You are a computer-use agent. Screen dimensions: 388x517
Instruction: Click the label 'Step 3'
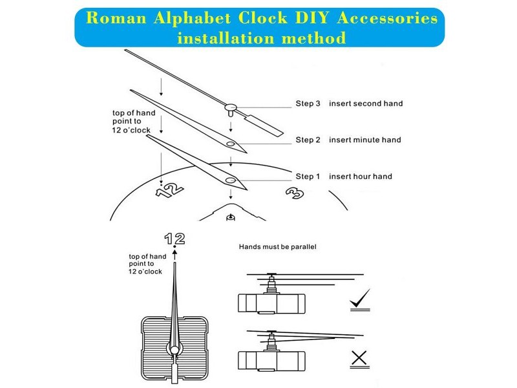(308, 103)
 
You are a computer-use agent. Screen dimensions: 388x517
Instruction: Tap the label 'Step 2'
(308, 140)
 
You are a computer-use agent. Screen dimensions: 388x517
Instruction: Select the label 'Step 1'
(308, 176)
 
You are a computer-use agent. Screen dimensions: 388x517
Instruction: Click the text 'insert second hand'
(366, 103)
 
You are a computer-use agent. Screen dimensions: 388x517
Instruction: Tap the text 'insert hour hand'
(360, 176)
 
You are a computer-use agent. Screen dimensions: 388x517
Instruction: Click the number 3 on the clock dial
(295, 193)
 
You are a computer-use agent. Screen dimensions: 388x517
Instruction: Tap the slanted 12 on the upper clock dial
(167, 189)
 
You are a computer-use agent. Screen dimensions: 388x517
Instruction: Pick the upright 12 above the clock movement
(174, 239)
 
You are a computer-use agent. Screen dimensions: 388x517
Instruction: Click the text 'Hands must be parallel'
(278, 247)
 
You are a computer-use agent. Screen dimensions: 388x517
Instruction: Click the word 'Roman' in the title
(111, 18)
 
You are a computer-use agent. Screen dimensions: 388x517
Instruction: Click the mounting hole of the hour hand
(230, 180)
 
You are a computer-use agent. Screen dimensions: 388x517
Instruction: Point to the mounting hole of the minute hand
(230, 144)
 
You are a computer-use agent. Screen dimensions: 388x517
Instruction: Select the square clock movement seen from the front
(174, 349)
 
